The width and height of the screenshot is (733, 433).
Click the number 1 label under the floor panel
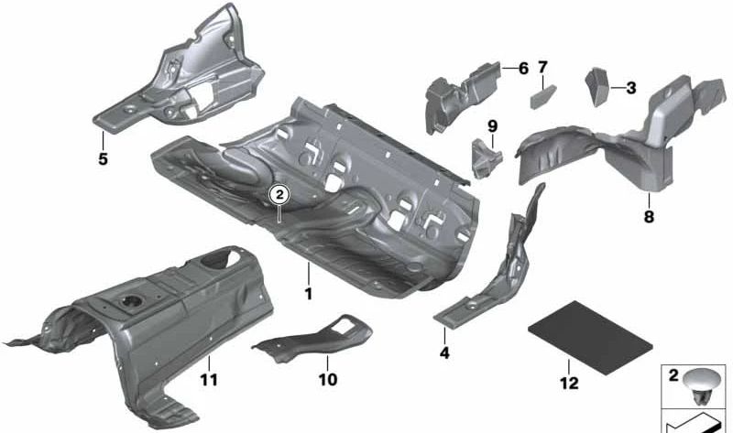[x=309, y=294]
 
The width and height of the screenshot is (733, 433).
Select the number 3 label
[x=631, y=89]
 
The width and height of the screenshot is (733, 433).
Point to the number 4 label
[x=444, y=352]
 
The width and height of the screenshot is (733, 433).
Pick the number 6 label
[x=523, y=68]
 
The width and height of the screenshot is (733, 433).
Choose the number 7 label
[x=542, y=68]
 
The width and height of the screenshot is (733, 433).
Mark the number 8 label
[x=649, y=218]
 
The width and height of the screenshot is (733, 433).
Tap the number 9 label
[x=491, y=125]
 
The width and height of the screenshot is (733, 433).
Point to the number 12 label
[x=570, y=383]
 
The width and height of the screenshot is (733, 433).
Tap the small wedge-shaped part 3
[x=597, y=85]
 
